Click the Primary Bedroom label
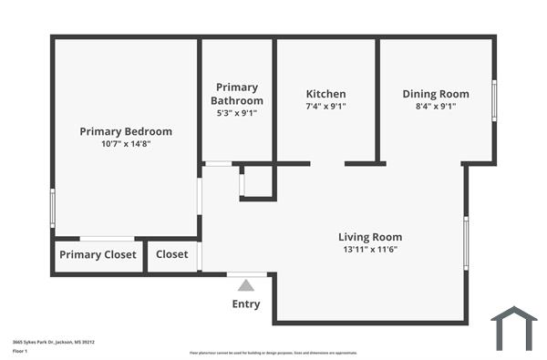click(126, 131)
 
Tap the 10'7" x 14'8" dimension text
click(126, 144)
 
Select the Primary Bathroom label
click(237, 94)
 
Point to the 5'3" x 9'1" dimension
click(237, 113)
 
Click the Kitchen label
click(325, 94)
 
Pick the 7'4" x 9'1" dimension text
click(325, 107)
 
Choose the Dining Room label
click(436, 94)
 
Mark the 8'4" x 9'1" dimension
click(436, 107)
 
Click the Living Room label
click(370, 237)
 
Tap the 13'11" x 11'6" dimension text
click(370, 250)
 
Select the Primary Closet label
click(98, 255)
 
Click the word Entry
click(246, 304)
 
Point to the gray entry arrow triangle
click(246, 285)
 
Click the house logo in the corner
click(513, 328)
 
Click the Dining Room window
click(494, 100)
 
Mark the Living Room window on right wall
click(466, 242)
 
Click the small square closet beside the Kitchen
click(257, 181)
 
